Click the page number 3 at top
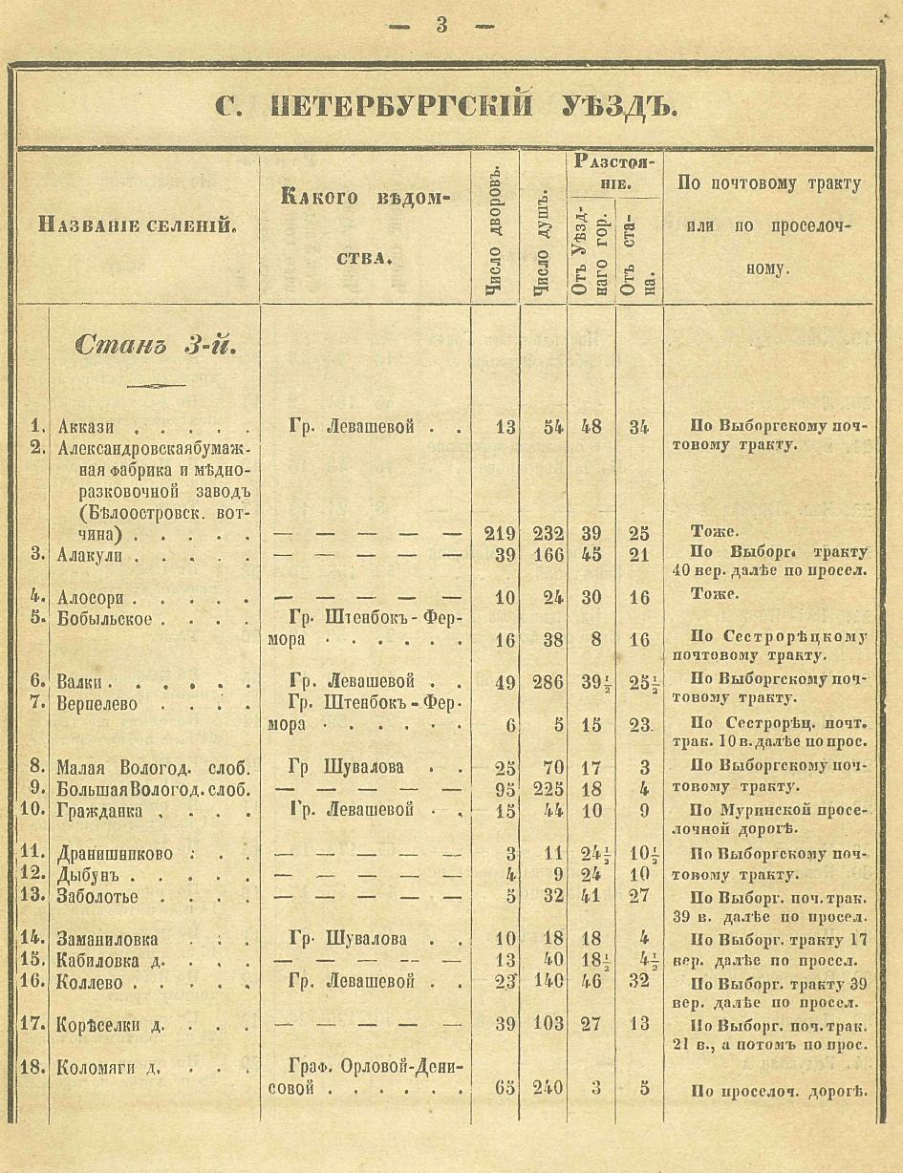(441, 26)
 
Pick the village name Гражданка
(100, 811)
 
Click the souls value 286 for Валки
(548, 682)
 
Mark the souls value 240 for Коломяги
(548, 1088)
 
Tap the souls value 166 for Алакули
(548, 555)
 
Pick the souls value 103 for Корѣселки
(548, 1024)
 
